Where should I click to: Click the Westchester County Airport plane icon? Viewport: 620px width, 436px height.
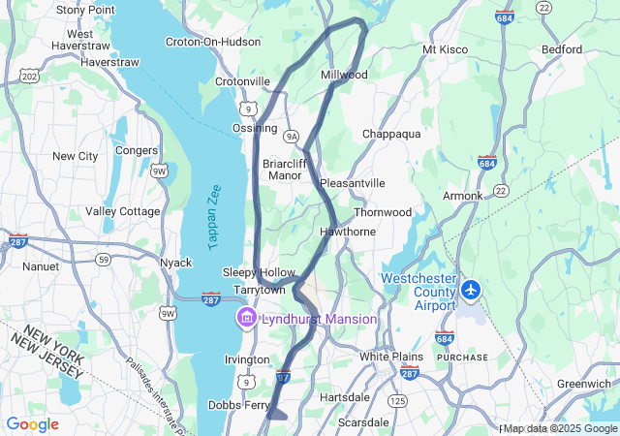click(x=472, y=289)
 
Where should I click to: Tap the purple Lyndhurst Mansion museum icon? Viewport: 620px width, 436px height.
click(x=246, y=319)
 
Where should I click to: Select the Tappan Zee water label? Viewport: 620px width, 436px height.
click(x=215, y=219)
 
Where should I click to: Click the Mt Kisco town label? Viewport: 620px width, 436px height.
click(x=446, y=49)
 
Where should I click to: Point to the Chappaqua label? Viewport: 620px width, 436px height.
click(x=391, y=134)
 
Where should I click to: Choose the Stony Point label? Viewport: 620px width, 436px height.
click(x=85, y=10)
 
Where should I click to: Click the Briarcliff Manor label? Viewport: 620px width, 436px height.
click(x=284, y=170)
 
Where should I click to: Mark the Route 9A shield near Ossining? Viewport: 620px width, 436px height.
click(x=292, y=137)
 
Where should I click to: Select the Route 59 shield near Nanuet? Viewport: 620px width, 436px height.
click(x=102, y=259)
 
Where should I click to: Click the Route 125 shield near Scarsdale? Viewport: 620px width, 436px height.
click(x=397, y=400)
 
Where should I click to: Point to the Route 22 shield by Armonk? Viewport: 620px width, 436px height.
click(x=501, y=191)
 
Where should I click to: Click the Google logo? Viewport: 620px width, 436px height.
click(x=32, y=424)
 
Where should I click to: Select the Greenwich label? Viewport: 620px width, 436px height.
click(x=583, y=384)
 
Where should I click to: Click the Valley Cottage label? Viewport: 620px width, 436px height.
click(x=123, y=211)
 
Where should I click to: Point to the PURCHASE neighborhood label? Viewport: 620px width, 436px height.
click(x=462, y=358)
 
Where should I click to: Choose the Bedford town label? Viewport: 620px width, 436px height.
click(x=562, y=49)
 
